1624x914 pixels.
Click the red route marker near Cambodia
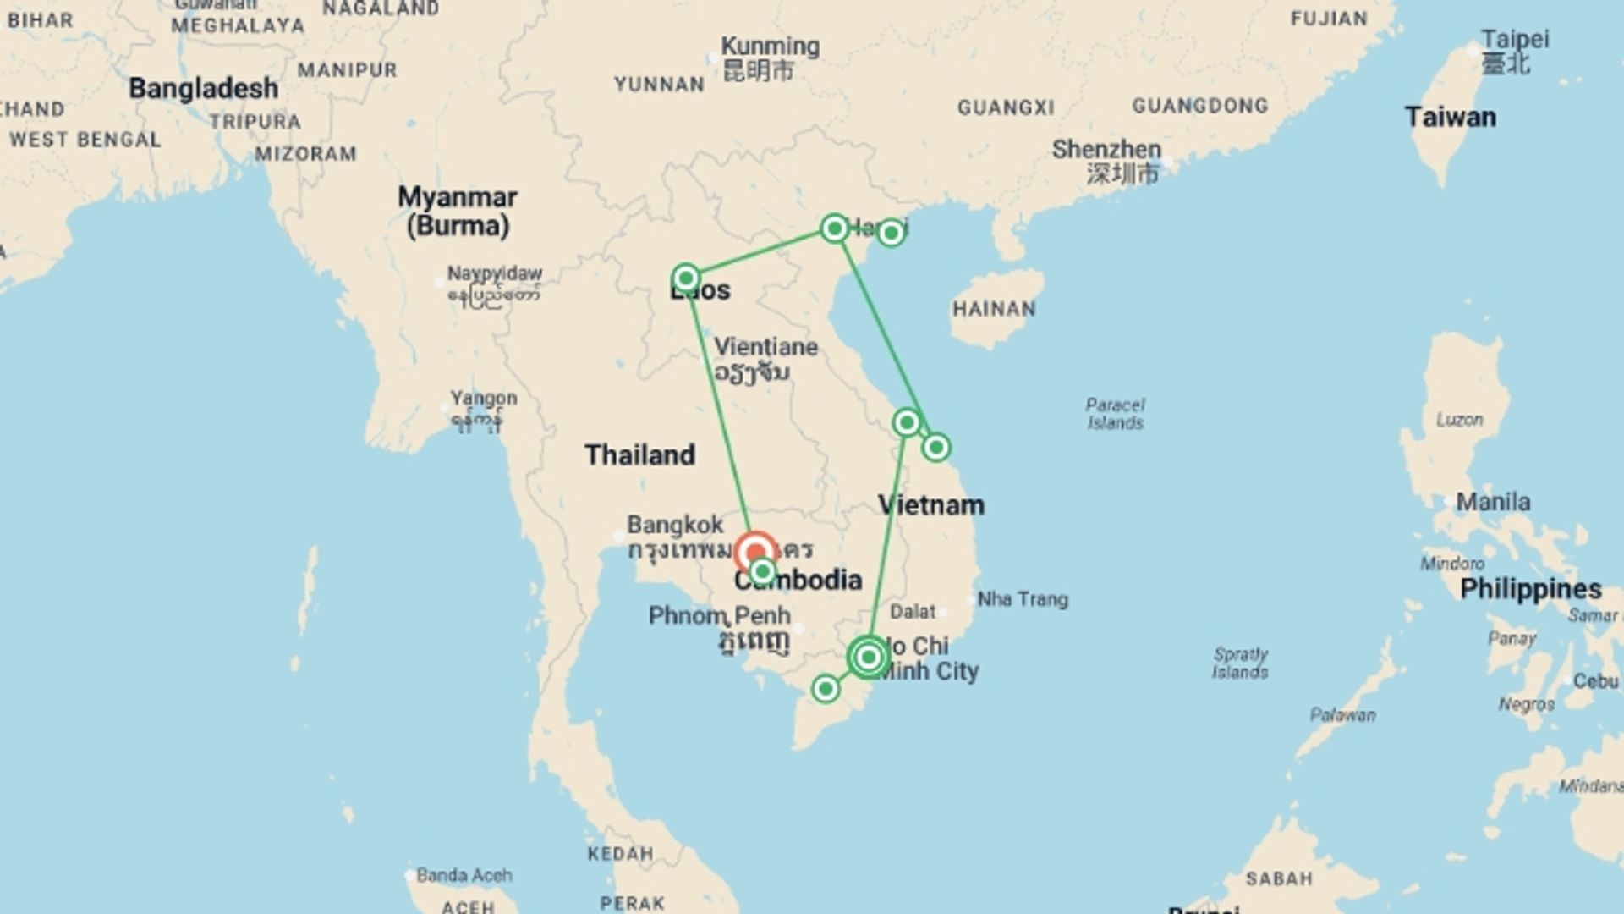coord(754,553)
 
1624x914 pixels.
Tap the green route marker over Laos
coord(686,278)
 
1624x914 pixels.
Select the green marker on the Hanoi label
coord(835,228)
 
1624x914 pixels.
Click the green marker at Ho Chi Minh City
coord(868,657)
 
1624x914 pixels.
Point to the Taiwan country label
coord(1450,117)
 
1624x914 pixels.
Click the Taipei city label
coord(1514,40)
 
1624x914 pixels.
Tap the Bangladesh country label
coord(203,88)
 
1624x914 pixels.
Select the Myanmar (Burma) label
coord(458,211)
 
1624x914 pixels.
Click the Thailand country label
coord(639,454)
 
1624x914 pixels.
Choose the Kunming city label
coord(770,47)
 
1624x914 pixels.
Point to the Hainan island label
coord(994,309)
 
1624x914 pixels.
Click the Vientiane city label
coord(765,347)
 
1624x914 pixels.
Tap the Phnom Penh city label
coord(719,615)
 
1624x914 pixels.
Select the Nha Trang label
coord(1023,599)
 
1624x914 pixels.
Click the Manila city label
coord(1493,502)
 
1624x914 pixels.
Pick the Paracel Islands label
coord(1115,414)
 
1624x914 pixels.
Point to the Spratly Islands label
coord(1240,663)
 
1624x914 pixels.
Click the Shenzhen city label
coord(1106,150)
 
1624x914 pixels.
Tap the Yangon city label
coord(483,398)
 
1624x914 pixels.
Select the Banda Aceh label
coord(464,875)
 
